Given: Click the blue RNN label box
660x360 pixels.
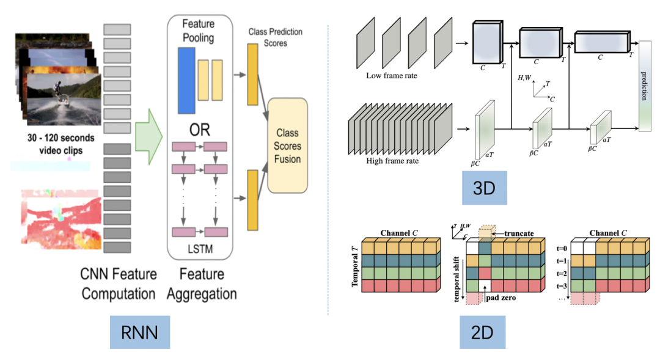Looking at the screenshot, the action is [x=140, y=332].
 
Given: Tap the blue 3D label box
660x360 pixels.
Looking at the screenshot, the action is [x=484, y=188].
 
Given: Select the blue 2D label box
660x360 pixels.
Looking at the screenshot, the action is [x=482, y=332].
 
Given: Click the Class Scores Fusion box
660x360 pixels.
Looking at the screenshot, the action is [x=287, y=145].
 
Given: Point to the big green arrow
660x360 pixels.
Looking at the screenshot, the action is [x=148, y=136].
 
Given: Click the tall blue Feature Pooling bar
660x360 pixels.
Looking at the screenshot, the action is [x=186, y=81].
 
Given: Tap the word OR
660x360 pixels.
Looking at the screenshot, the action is [x=199, y=130].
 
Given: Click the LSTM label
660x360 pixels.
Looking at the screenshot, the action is [x=200, y=249].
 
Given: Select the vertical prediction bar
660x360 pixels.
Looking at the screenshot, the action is [x=645, y=86].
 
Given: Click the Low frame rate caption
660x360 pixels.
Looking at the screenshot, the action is [x=392, y=76].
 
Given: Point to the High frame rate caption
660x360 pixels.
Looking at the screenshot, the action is [x=392, y=161].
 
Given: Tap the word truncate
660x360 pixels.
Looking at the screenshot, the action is [x=519, y=233].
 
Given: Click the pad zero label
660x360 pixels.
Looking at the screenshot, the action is [x=501, y=298].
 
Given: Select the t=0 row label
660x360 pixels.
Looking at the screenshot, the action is [x=562, y=248].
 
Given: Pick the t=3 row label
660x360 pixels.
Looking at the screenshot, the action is [x=562, y=286].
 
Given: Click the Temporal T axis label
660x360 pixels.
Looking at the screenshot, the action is [x=355, y=266].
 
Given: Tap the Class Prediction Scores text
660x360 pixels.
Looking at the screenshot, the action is [x=275, y=37].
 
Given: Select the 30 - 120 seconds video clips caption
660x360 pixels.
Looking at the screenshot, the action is [x=61, y=144].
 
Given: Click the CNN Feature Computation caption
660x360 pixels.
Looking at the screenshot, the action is [x=119, y=284].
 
